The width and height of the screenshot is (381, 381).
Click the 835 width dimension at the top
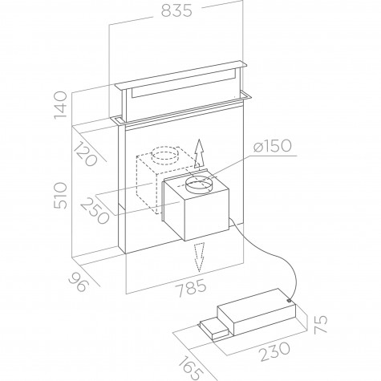pyautogui.click(x=176, y=10)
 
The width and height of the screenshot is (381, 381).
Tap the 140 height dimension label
pyautogui.click(x=60, y=105)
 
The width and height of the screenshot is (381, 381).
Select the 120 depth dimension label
pyautogui.click(x=86, y=155)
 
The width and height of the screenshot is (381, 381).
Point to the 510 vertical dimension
pyautogui.click(x=60, y=196)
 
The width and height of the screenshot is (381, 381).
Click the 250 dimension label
pyautogui.click(x=95, y=212)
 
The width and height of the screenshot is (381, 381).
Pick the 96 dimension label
pyautogui.click(x=78, y=282)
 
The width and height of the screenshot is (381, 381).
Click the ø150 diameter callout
pyautogui.click(x=272, y=146)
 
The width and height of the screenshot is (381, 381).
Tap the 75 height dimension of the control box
pyautogui.click(x=320, y=324)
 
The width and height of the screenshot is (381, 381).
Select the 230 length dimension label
pyautogui.click(x=275, y=351)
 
